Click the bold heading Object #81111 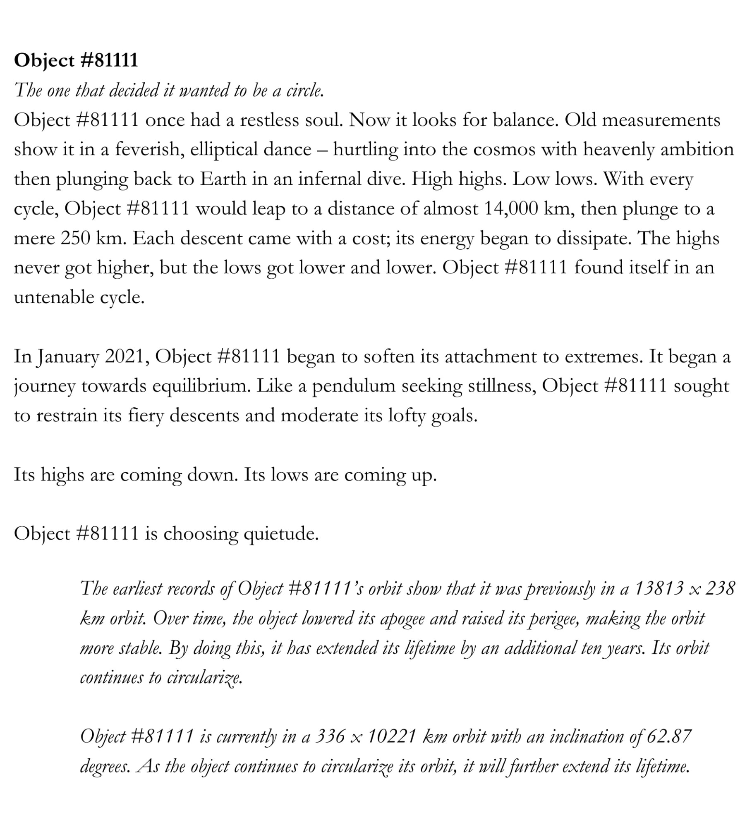click(76, 61)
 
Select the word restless click(270, 120)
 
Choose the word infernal click(330, 179)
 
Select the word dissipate click(594, 239)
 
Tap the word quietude click(281, 534)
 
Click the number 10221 click(391, 736)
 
